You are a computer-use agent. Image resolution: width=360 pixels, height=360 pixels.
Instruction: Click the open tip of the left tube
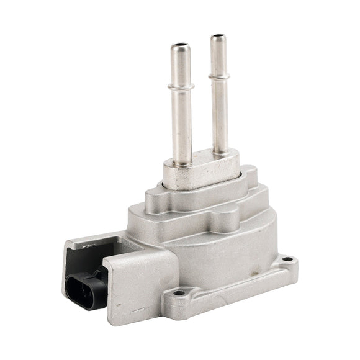pos(179,46)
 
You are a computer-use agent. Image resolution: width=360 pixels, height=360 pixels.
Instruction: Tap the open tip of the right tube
pos(217,38)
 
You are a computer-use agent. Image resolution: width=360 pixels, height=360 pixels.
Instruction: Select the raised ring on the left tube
pos(180,86)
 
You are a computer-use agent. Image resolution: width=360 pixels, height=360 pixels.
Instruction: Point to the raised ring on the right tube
pos(218,77)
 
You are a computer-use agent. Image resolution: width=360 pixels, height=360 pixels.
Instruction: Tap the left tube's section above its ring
pos(179,65)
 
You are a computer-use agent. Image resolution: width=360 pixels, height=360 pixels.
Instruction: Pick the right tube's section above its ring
pos(217,57)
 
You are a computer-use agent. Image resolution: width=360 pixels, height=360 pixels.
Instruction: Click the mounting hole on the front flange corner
pos(179,292)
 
